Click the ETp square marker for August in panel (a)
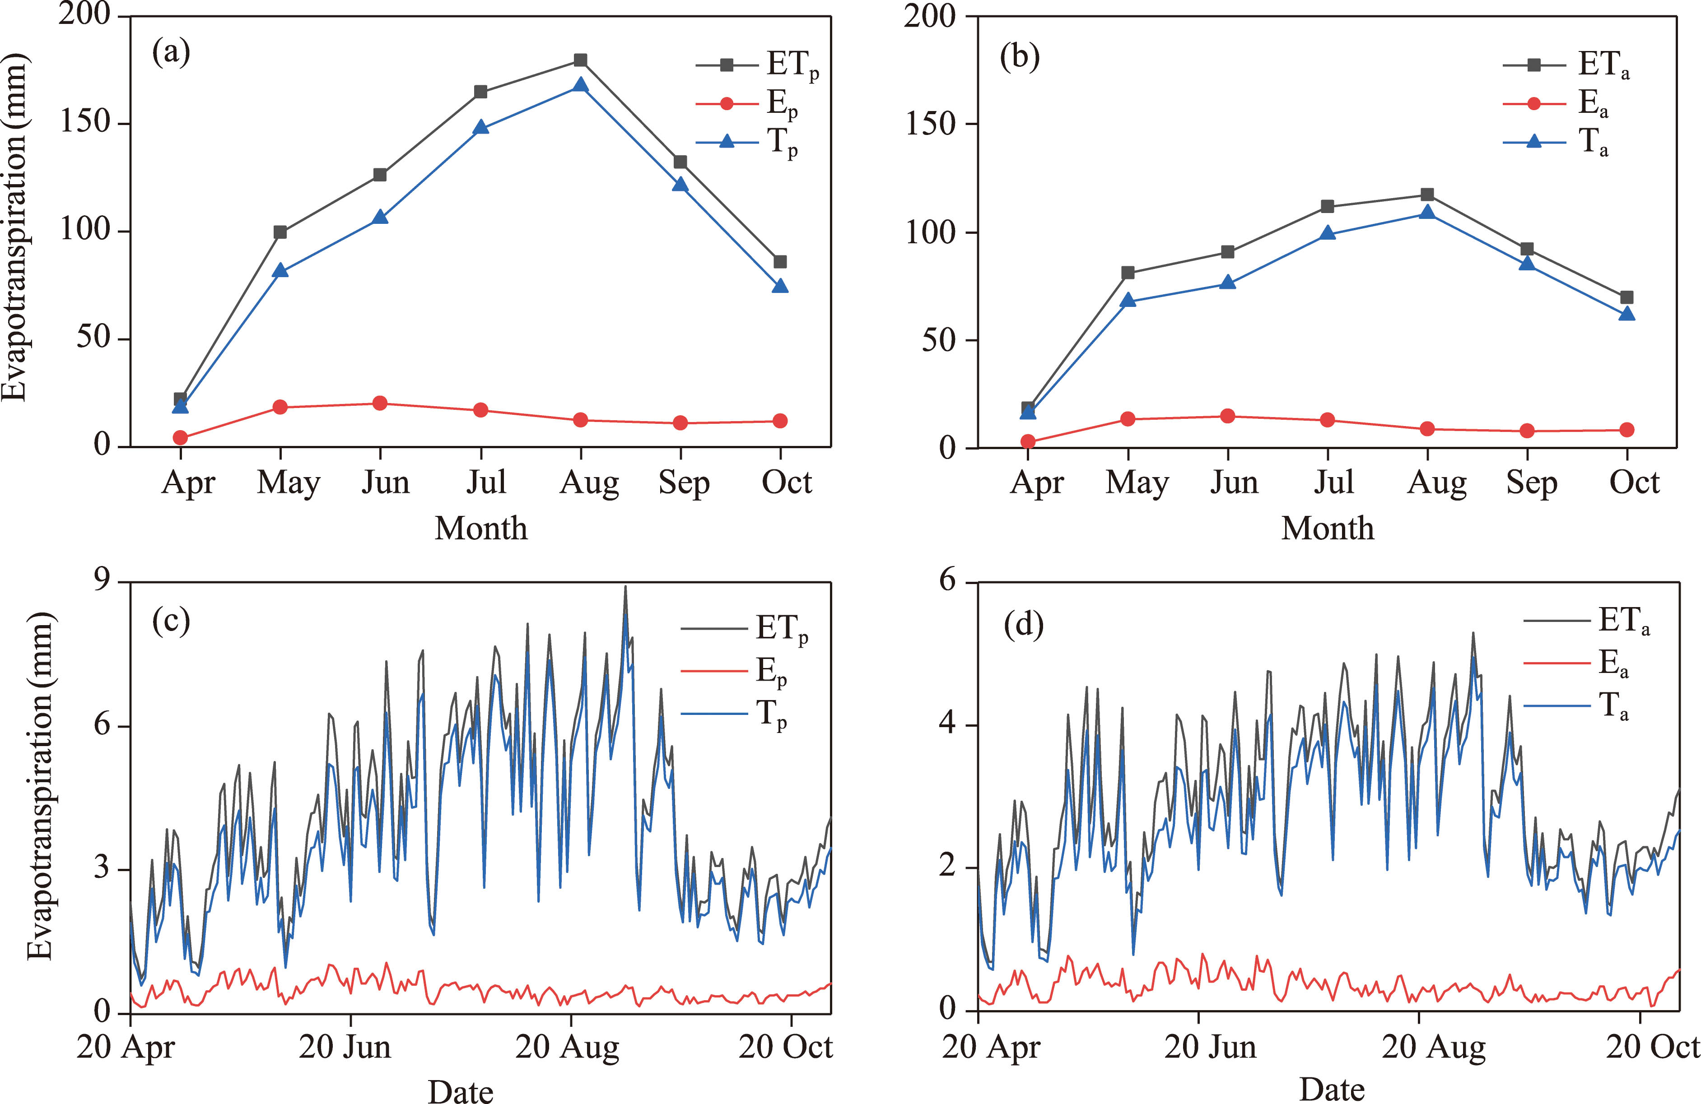tap(580, 60)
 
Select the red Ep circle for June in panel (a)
tap(380, 404)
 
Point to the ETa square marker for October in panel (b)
tap(1626, 297)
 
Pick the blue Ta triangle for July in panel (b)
tap(1327, 233)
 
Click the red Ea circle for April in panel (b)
tap(1028, 441)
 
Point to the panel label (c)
tap(172, 622)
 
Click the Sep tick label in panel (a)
tap(684, 483)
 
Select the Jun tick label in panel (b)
tap(1234, 483)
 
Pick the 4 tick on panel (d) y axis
tap(948, 724)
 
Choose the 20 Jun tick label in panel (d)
tap(1210, 1048)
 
